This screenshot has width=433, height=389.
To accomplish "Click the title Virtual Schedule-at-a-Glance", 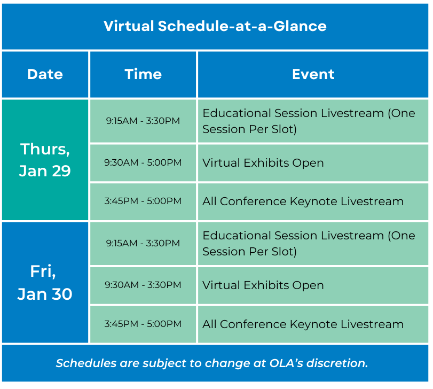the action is click(215, 26).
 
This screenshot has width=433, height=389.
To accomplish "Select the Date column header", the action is click(45, 74).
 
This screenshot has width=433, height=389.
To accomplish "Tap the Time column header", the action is click(143, 74).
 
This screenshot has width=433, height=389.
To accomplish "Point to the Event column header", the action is click(313, 74).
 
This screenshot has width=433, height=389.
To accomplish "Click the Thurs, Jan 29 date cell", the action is click(45, 160).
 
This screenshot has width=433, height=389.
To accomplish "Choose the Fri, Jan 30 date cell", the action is click(45, 282).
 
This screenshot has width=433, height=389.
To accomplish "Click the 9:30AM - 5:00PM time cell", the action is click(143, 162).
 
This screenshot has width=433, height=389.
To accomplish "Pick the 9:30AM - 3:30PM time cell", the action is click(143, 285).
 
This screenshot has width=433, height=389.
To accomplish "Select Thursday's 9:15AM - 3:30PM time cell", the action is click(143, 121).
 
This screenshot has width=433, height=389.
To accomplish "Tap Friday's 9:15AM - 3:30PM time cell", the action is click(143, 243).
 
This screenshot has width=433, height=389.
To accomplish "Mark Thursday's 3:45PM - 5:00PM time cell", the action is click(143, 201).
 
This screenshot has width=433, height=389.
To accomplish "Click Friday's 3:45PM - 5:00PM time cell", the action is click(143, 324).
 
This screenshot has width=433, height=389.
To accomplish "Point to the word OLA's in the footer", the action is click(286, 363).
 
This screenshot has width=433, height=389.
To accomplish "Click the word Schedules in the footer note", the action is click(86, 363).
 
